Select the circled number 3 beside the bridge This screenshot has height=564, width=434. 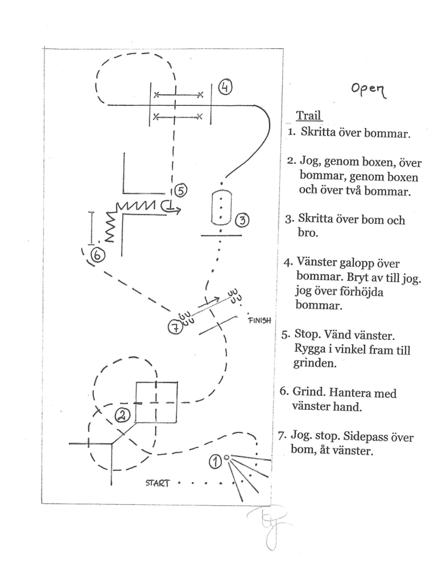tap(242, 220)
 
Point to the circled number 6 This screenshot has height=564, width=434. tap(98, 254)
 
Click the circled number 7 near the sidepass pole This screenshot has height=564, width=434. tap(174, 327)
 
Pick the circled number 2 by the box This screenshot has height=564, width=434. tap(123, 415)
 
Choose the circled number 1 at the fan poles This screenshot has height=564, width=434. tap(215, 461)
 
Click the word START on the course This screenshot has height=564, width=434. tap(157, 482)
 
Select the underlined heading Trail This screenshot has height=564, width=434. tap(309, 116)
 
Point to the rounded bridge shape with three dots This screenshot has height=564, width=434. tap(220, 207)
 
